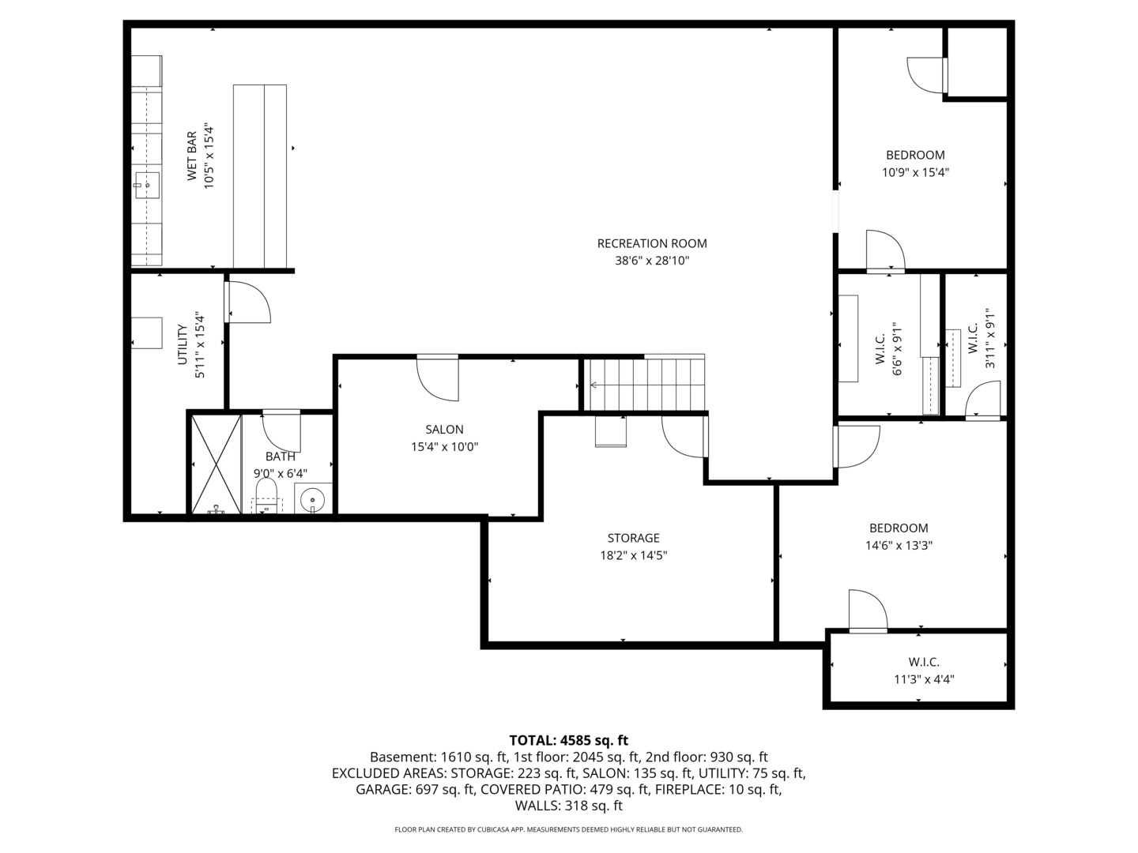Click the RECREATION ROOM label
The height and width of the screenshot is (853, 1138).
[x=652, y=243]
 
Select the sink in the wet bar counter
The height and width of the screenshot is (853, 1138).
[x=146, y=186]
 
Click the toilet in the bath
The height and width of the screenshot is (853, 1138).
[x=266, y=496]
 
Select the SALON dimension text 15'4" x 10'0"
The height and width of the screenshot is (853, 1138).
[x=444, y=447]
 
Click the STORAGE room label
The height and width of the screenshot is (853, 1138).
[x=633, y=539]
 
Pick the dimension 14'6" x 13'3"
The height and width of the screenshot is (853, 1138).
[x=899, y=545]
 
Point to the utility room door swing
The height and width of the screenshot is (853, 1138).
[x=248, y=302]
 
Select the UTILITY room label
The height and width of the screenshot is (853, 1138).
[x=183, y=344]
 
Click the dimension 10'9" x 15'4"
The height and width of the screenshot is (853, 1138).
[x=915, y=172]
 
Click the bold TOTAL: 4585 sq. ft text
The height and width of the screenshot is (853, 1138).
[x=568, y=740]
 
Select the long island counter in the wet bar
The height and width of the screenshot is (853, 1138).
[x=260, y=176]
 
